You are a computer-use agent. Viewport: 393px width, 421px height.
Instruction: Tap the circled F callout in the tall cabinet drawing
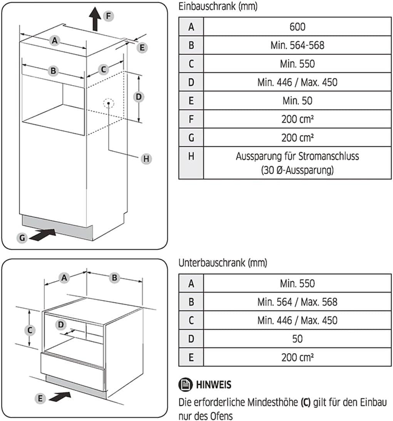click(108, 16)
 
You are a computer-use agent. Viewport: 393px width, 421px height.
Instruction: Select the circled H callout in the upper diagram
click(146, 159)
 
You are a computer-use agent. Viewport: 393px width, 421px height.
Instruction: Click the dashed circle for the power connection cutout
click(109, 103)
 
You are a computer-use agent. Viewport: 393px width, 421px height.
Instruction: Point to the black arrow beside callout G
click(42, 235)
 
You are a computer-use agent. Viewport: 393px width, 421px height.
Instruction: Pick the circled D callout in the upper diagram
click(139, 97)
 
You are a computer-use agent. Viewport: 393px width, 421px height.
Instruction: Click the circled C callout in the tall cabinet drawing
click(103, 70)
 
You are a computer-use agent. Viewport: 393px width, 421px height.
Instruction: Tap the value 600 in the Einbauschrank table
click(297, 27)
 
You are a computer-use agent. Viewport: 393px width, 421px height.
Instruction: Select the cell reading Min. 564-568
click(297, 45)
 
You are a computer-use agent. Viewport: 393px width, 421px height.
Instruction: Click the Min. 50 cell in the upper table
click(297, 101)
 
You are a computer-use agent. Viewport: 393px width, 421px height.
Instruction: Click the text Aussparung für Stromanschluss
click(297, 156)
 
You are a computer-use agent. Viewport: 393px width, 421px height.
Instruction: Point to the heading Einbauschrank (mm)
click(218, 6)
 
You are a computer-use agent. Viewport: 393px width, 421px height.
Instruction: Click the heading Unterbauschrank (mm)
click(223, 263)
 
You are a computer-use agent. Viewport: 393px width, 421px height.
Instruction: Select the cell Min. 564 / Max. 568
click(297, 302)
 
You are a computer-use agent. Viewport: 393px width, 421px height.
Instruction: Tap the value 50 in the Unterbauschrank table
click(297, 339)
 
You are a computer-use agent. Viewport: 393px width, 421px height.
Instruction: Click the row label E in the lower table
click(191, 357)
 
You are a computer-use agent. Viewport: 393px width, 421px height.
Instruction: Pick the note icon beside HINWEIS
click(185, 384)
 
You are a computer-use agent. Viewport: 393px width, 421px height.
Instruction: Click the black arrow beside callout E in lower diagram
click(60, 397)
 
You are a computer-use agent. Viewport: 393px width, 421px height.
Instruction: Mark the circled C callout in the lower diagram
click(30, 330)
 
